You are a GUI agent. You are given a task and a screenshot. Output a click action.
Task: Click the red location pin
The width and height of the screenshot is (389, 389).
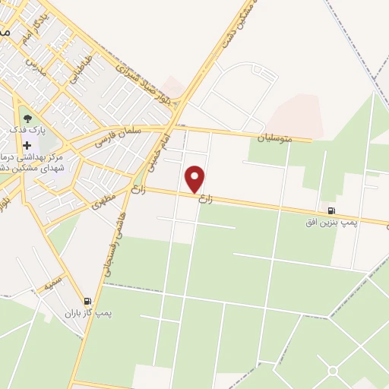tap(195, 179)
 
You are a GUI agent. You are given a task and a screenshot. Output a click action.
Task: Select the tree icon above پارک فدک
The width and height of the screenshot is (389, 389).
tap(27, 119)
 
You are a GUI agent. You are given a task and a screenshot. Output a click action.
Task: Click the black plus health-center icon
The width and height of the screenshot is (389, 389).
tap(27, 146)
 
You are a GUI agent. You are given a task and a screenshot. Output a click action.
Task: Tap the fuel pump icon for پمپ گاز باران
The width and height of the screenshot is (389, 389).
tap(88, 301)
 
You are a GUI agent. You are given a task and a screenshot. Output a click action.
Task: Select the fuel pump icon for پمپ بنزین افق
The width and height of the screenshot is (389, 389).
tap(331, 210)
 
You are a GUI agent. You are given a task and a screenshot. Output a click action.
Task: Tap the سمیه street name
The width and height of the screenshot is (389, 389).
tap(52, 285)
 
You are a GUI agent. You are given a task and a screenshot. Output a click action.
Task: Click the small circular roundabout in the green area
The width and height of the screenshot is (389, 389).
tap(332, 370)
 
